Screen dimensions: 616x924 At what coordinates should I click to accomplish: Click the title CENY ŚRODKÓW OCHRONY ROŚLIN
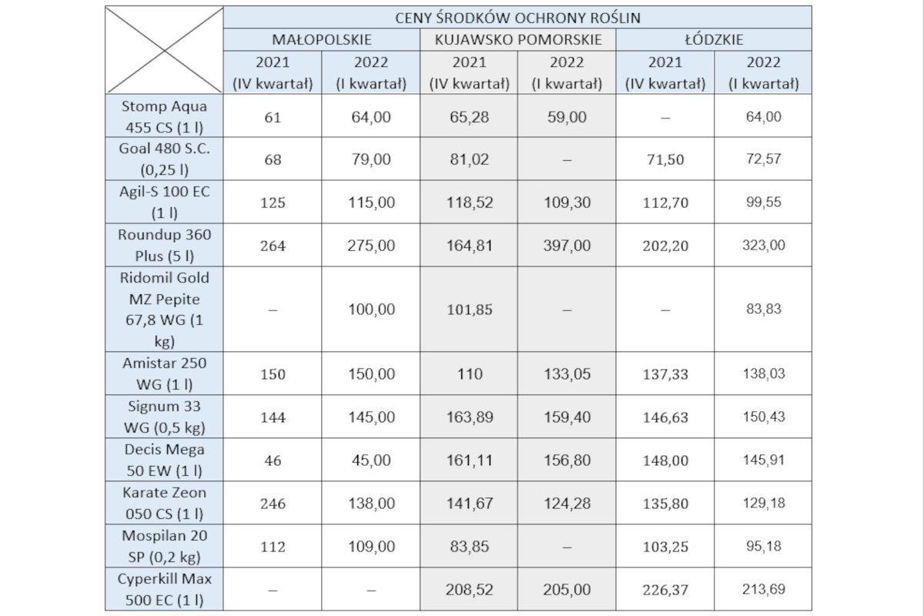[517, 18]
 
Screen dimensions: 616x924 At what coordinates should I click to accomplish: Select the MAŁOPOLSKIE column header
[322, 39]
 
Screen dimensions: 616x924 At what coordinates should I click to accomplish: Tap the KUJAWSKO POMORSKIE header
[517, 39]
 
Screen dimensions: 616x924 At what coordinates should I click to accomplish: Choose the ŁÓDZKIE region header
[714, 39]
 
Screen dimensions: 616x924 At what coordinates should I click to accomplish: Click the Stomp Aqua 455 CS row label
[164, 116]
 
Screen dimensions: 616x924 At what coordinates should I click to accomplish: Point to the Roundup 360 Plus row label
[164, 246]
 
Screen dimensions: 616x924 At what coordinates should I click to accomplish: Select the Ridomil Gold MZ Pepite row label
[164, 310]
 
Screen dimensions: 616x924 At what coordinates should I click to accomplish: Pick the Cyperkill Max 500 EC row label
[164, 589]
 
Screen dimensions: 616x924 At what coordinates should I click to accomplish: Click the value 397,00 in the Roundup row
[567, 246]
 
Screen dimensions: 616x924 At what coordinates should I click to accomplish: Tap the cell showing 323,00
[763, 246]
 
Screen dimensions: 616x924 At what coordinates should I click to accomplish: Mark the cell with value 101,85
[469, 310]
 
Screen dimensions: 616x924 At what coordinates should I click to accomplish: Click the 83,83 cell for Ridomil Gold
[763, 310]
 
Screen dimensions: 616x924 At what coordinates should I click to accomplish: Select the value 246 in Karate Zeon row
[273, 504]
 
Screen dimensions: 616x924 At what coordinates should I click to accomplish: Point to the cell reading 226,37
[665, 589]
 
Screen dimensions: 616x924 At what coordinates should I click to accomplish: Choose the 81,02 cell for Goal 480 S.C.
[469, 159]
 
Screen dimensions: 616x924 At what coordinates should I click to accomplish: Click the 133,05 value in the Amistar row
[567, 374]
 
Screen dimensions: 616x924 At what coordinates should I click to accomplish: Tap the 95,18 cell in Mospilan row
[763, 547]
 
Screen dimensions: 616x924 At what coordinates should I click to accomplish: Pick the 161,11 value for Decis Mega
[469, 460]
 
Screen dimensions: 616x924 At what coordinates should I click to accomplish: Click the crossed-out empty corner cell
[164, 50]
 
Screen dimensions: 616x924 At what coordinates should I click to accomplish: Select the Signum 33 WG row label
[164, 417]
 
